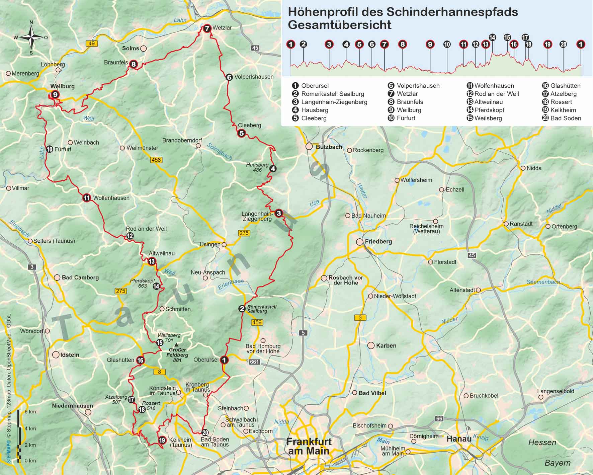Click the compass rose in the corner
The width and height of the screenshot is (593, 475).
tap(31, 37)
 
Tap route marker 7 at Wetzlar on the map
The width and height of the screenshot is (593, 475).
tap(207, 28)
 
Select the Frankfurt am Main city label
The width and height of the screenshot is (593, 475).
tap(309, 446)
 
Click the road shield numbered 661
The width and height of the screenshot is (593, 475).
tap(254, 362)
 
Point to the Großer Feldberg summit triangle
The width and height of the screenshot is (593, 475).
tap(176, 344)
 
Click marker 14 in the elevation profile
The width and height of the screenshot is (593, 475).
tap(492, 37)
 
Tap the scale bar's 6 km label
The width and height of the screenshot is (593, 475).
tap(30, 412)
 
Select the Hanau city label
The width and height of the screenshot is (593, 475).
tap(459, 439)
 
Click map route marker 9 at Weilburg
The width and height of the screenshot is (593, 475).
tap(55, 94)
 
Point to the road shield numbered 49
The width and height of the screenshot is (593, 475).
tap(91, 44)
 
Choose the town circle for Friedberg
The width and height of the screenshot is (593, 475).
tap(360, 242)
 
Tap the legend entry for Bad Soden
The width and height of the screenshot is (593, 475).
tap(566, 118)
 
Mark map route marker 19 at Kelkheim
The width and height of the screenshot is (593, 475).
tap(162, 440)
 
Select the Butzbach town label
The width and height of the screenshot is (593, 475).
tap(329, 147)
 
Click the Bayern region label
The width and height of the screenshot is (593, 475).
tap(557, 463)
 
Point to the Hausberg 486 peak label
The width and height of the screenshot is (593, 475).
tap(257, 167)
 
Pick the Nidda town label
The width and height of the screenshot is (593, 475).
tap(534, 168)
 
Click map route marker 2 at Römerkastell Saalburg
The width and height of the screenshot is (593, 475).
tap(242, 309)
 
